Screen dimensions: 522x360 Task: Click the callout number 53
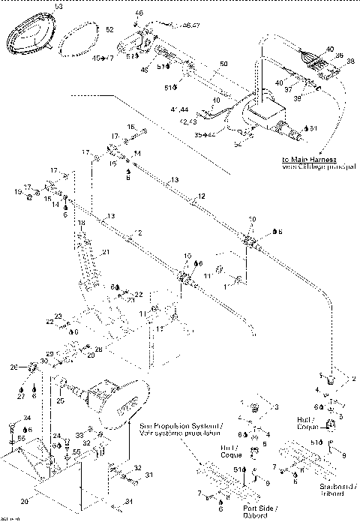tap(50, 6)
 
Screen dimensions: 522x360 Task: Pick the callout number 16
tap(131, 127)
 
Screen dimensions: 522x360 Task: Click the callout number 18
tap(81, 223)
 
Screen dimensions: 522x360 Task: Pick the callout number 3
tap(277, 406)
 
